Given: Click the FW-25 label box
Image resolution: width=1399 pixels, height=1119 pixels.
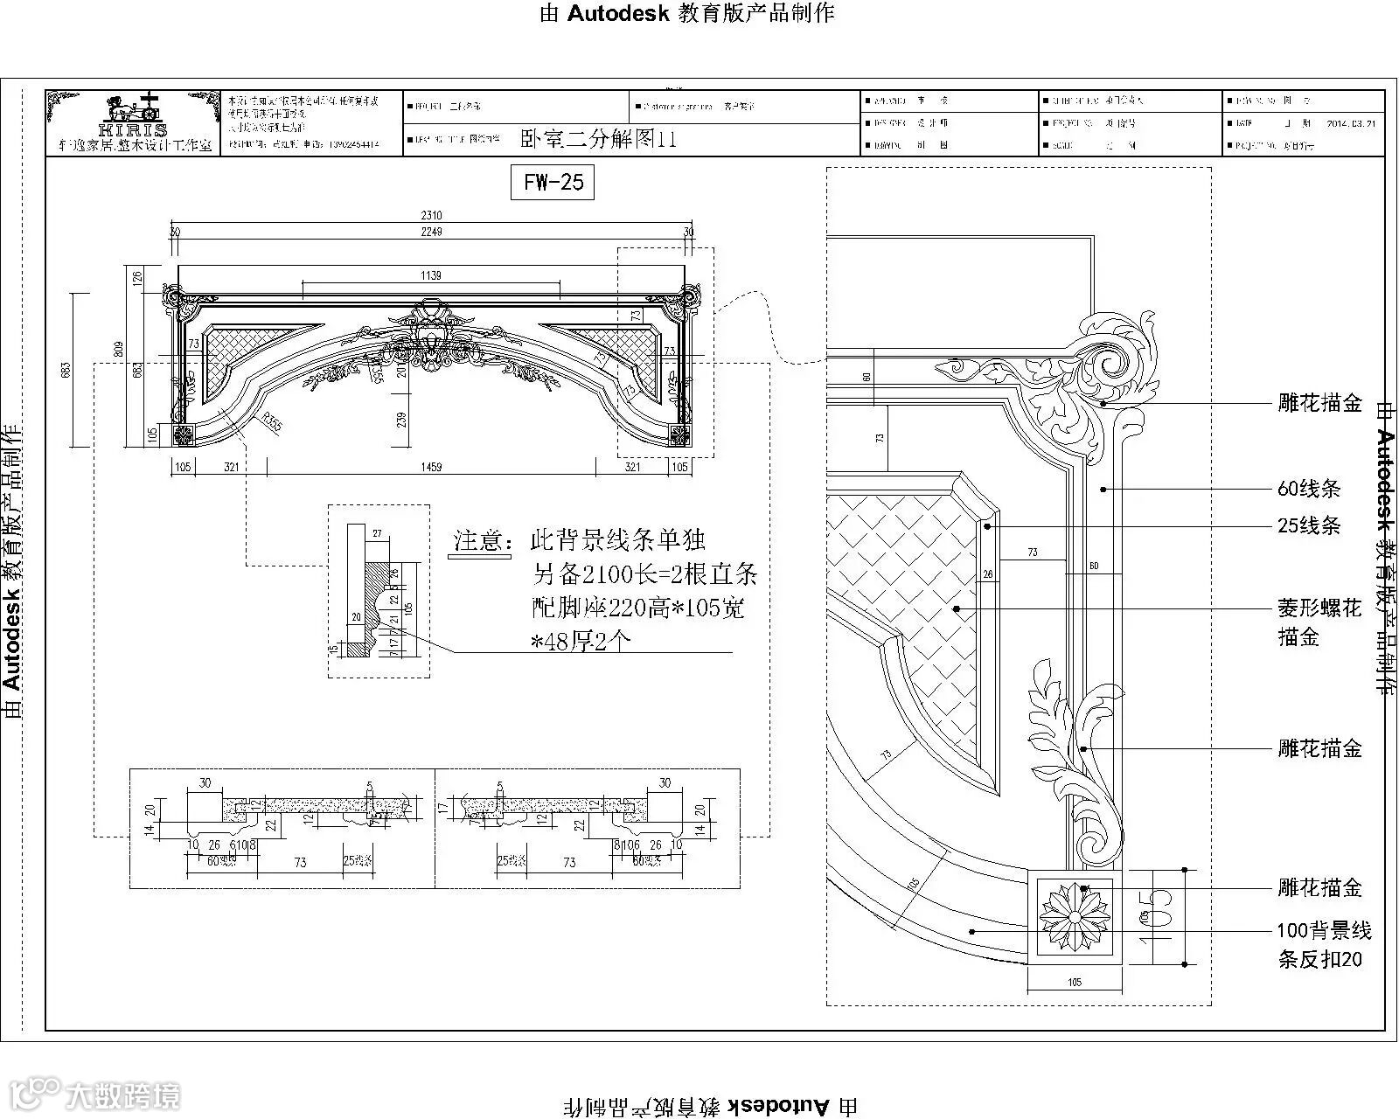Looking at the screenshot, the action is click(553, 182).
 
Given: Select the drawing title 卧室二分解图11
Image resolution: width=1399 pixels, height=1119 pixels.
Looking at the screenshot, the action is click(598, 139).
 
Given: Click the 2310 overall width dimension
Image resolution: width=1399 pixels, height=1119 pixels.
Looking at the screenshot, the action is click(431, 215).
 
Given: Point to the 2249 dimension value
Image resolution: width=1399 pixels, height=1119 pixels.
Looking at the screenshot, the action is click(431, 232).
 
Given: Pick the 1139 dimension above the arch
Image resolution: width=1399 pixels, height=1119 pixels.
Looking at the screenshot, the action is click(431, 275).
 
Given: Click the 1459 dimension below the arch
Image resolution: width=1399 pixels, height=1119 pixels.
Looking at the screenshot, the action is click(431, 467).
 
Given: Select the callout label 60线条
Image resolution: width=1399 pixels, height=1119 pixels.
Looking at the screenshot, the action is click(1308, 489).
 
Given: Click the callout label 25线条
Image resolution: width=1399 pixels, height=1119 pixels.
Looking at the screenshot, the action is click(1308, 525).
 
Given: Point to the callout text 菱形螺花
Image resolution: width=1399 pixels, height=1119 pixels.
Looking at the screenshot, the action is click(1319, 608).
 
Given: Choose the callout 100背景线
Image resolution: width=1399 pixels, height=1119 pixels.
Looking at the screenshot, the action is click(1324, 930).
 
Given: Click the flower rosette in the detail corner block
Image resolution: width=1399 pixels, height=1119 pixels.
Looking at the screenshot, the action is click(1074, 916).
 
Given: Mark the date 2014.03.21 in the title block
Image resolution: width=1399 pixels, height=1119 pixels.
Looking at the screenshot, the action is click(1351, 123).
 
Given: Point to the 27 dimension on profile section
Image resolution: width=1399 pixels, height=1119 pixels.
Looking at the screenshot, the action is click(377, 532).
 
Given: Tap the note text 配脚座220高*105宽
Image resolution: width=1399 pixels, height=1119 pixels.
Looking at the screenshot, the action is click(639, 608).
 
